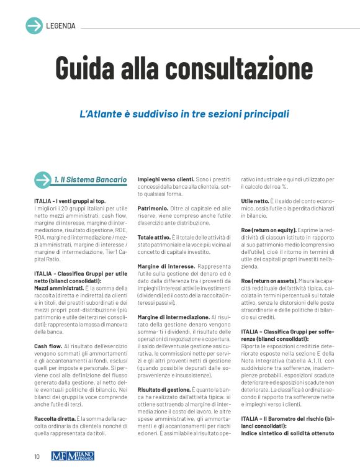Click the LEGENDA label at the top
click(61, 26)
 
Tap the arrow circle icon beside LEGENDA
click(34, 26)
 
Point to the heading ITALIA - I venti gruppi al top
click(70, 201)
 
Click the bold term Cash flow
click(48, 346)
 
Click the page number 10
click(37, 456)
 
